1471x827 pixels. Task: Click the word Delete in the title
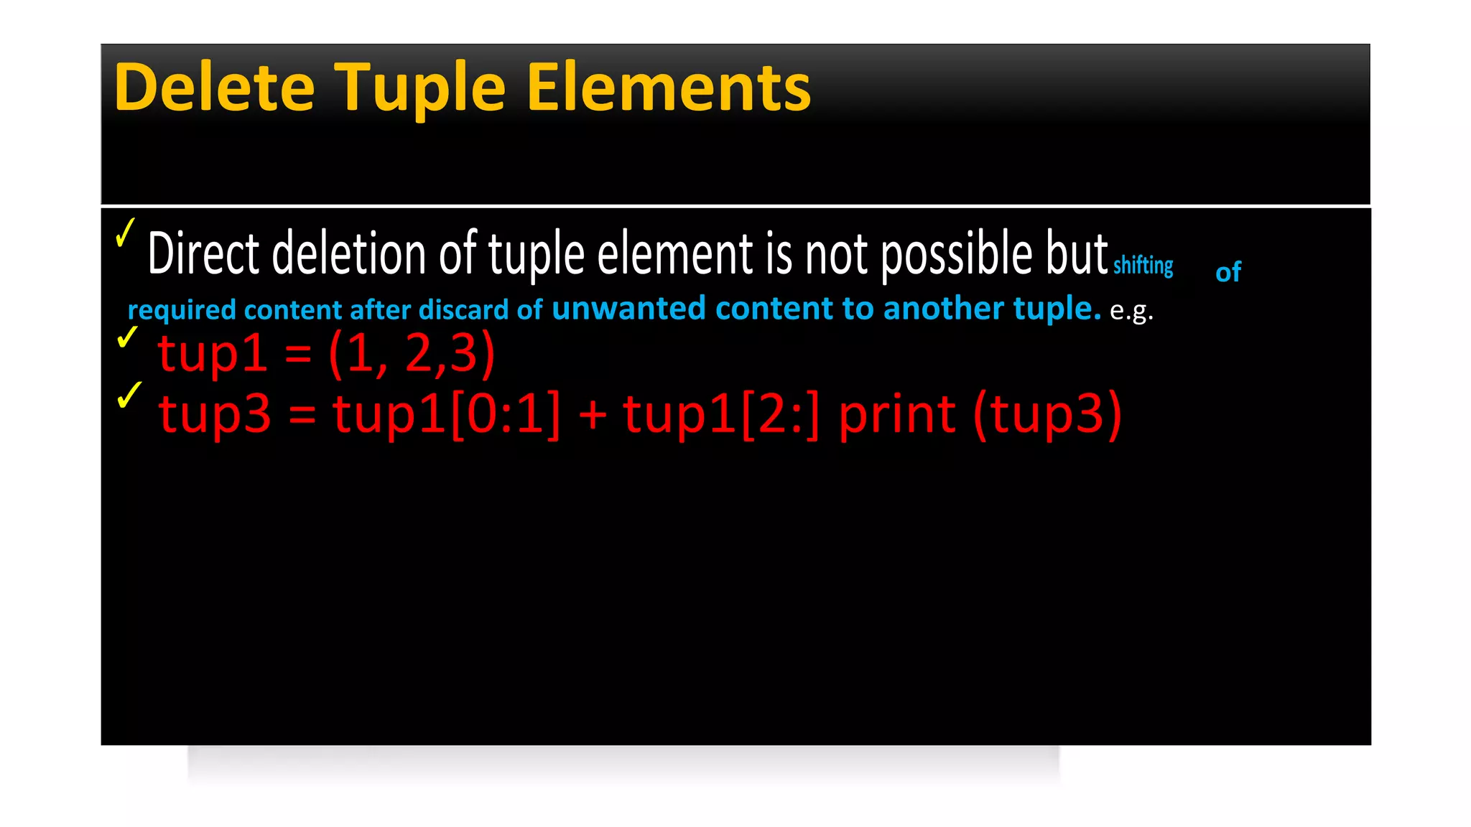[214, 88]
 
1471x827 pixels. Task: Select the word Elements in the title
[669, 88]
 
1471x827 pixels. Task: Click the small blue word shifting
[1143, 266]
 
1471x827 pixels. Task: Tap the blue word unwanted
[628, 309]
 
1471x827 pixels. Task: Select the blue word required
[182, 310]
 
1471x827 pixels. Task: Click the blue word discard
[463, 309]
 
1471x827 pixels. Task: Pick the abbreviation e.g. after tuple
[1131, 311]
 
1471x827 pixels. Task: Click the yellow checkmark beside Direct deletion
[125, 233]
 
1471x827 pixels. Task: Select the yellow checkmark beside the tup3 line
[129, 395]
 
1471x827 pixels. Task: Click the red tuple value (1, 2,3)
[412, 353]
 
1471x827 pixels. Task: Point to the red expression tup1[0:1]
[446, 414]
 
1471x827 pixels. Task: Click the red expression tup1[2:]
[720, 414]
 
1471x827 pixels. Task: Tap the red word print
[896, 414]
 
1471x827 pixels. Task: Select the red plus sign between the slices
[593, 415]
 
